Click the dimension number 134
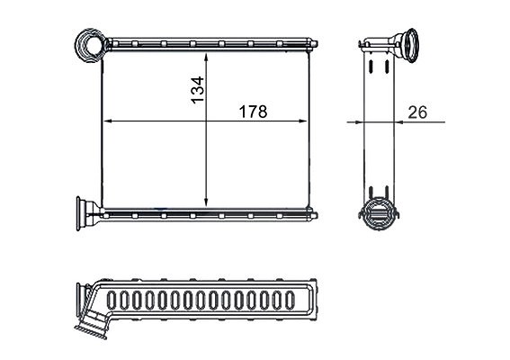pyautogui.click(x=197, y=90)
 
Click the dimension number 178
pyautogui.click(x=253, y=112)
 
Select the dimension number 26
pyautogui.click(x=417, y=112)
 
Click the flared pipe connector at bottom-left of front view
pyautogui.click(x=87, y=213)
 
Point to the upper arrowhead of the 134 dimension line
pyautogui.click(x=206, y=58)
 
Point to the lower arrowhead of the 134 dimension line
pyautogui.click(x=206, y=201)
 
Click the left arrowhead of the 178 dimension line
pyautogui.click(x=108, y=121)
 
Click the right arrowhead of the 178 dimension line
pyautogui.click(x=302, y=121)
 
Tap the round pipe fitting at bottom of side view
pyautogui.click(x=379, y=213)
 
